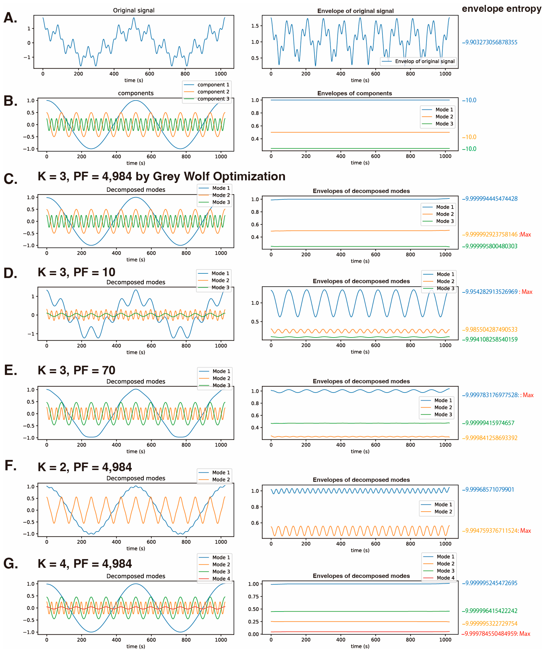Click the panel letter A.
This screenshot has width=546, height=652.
[10, 18]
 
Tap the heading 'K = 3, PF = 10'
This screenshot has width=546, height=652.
[76, 272]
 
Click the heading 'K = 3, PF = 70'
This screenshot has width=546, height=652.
[76, 370]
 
